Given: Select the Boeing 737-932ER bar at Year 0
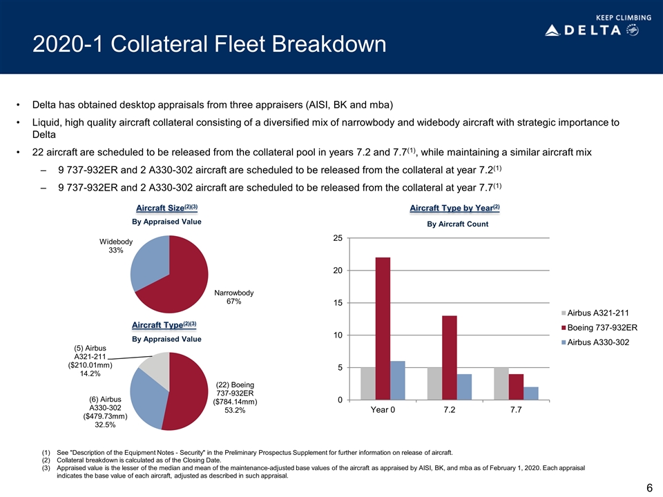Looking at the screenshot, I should point(383,329).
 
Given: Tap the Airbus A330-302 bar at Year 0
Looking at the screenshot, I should point(398,380).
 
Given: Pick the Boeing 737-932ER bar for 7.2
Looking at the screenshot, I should point(449,358).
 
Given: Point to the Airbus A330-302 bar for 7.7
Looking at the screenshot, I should point(530,393).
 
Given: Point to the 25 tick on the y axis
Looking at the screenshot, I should point(338,238).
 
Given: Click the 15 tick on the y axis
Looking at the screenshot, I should point(338,303).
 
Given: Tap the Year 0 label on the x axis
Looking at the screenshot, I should point(383,413).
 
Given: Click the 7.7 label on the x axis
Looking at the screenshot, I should point(515,413).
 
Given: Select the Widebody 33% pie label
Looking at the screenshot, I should point(115,246).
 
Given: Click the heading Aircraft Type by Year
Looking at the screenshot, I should point(454,208).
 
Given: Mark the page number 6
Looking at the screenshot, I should point(649,488).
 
